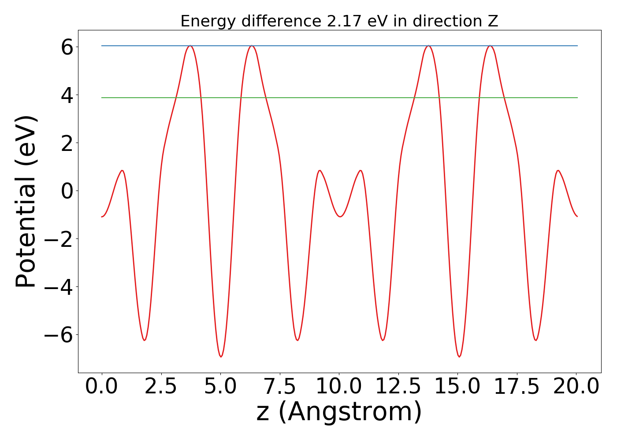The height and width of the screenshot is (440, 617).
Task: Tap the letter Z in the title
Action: point(493,21)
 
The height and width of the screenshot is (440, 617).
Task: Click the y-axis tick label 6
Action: point(67,47)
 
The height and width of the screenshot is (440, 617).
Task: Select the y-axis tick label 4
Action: point(67,95)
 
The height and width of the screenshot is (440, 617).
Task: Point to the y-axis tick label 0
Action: point(67,191)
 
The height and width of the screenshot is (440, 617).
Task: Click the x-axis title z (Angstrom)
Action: point(339,413)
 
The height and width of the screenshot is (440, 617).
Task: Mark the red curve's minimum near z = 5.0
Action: point(221,356)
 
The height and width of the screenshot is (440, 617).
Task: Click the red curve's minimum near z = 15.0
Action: point(459,356)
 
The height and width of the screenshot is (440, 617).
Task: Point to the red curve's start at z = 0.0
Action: point(102,216)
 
